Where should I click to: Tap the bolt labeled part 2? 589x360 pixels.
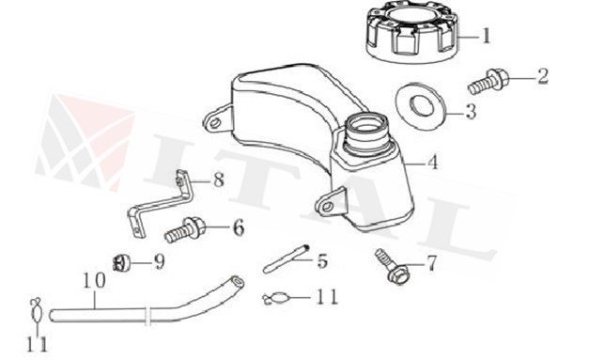(486, 83)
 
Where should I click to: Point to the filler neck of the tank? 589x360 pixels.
(365, 132)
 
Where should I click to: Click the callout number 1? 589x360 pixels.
(487, 38)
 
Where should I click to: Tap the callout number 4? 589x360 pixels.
(432, 163)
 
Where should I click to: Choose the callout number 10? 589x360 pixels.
(94, 279)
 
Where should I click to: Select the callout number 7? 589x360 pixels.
(431, 263)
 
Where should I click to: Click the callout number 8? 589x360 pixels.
(218, 180)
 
